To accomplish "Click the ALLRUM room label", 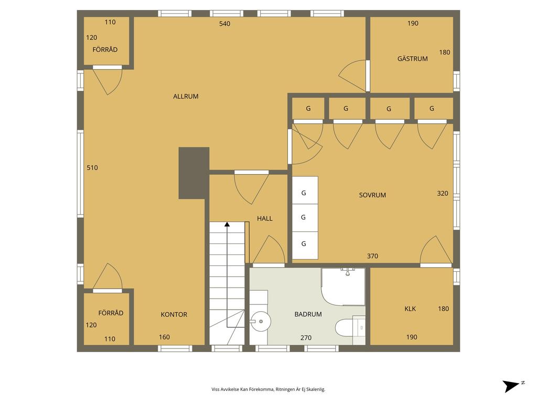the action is [186, 97].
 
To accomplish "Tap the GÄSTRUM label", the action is [412, 59].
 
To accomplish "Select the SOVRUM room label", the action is [372, 195].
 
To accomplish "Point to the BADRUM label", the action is [308, 314].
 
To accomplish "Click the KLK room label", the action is [410, 309].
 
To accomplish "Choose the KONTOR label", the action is [174, 314].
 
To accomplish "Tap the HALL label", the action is [265, 218].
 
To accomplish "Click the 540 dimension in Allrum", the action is [224, 24].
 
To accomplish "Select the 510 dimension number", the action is [92, 167].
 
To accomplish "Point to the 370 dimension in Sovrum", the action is [372, 256].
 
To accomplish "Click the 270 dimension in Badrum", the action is [306, 337].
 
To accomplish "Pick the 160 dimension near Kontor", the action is [164, 337].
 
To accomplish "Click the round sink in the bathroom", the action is [261, 322].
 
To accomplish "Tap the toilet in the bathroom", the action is [346, 328].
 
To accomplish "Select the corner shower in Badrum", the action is [343, 287].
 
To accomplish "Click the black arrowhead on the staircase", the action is [227, 225].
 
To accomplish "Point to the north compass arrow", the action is [511, 386].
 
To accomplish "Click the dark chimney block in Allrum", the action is [194, 173].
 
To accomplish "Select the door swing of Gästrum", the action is [353, 76].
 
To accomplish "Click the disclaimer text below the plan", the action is [268, 389].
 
